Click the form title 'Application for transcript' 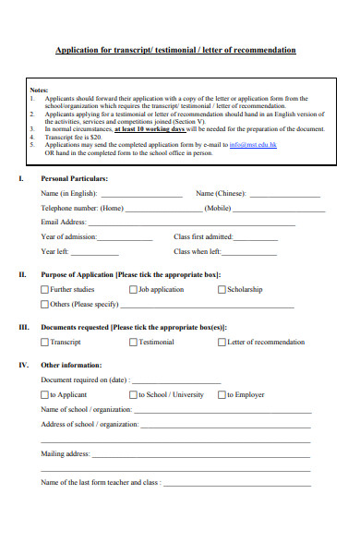click(x=175, y=50)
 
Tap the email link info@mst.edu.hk click(x=252, y=145)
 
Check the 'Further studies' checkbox click(x=44, y=290)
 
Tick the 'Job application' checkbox click(x=133, y=290)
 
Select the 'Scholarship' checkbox click(x=222, y=290)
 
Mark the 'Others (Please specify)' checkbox click(x=44, y=304)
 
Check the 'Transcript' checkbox click(x=44, y=343)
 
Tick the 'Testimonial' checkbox click(x=133, y=343)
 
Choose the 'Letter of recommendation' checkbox click(x=222, y=343)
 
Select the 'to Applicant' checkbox click(x=44, y=395)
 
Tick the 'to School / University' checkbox click(x=133, y=395)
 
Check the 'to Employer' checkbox click(x=222, y=395)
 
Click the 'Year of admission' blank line click(x=125, y=239)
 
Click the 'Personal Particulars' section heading click(x=75, y=177)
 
